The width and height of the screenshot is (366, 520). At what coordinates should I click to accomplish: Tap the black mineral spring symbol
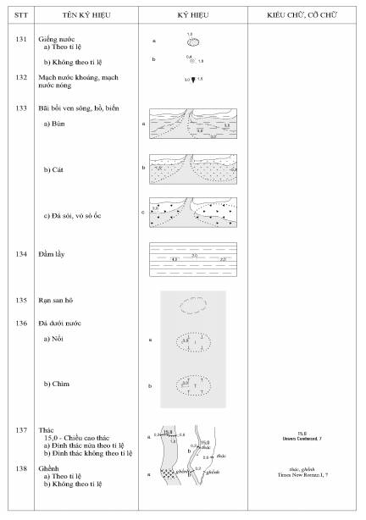[x=193, y=80]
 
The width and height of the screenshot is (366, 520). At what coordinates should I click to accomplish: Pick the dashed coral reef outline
[x=193, y=301]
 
